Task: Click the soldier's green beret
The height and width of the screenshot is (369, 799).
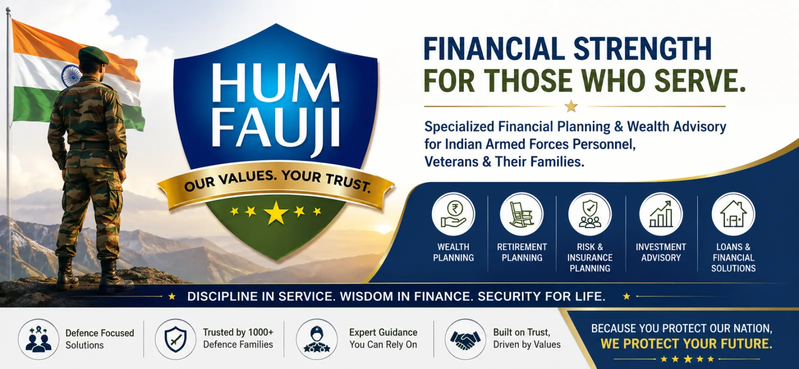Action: [93, 55]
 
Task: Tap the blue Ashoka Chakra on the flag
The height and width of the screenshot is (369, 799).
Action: [71, 75]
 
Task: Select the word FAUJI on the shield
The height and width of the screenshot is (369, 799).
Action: [276, 127]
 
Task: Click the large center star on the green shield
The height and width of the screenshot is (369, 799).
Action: [276, 212]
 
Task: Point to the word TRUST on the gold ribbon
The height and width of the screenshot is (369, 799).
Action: [348, 182]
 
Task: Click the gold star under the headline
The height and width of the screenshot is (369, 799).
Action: [571, 106]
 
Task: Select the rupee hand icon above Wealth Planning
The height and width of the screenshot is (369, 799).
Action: [453, 214]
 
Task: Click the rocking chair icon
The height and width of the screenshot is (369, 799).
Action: [521, 214]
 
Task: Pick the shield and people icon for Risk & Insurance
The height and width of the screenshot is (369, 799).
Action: [590, 214]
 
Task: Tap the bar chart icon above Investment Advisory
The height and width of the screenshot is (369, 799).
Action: [661, 214]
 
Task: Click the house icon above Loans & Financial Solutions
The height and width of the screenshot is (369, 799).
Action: [734, 214]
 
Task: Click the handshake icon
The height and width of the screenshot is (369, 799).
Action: [465, 339]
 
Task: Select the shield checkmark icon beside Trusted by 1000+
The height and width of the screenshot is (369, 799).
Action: [175, 339]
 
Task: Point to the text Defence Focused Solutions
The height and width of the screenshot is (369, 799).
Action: [100, 339]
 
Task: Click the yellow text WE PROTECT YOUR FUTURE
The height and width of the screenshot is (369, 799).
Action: [687, 344]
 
